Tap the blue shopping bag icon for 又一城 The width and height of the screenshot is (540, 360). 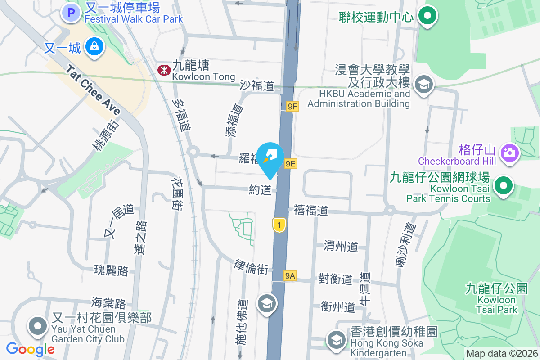pyautogui.click(x=94, y=46)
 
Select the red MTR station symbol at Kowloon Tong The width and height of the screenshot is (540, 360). pyautogui.click(x=163, y=70)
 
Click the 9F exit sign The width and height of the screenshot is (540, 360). pyautogui.click(x=292, y=107)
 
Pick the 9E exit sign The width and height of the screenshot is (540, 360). pyautogui.click(x=290, y=163)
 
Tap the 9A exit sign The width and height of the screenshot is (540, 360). pyautogui.click(x=290, y=276)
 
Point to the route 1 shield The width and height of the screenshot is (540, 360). pyautogui.click(x=279, y=225)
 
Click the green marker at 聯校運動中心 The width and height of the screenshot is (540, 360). pyautogui.click(x=427, y=16)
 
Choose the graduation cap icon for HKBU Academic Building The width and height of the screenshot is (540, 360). pyautogui.click(x=423, y=84)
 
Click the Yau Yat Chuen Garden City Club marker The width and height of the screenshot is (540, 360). pyautogui.click(x=38, y=326)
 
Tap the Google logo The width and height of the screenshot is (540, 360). pyautogui.click(x=30, y=349)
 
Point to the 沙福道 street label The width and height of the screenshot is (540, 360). pyautogui.click(x=257, y=85)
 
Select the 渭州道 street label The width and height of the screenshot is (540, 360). pyautogui.click(x=341, y=246)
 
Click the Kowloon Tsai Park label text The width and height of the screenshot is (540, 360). pyautogui.click(x=497, y=299)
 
